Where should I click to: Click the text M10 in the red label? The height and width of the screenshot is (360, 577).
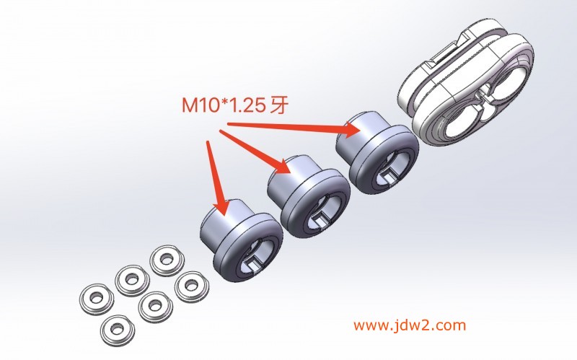tap(201, 105)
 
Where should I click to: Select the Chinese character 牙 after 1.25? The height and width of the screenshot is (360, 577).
tap(279, 105)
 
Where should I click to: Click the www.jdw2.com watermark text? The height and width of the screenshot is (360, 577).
tap(410, 325)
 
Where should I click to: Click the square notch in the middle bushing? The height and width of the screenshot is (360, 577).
tap(320, 220)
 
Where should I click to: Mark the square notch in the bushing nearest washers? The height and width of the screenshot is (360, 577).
tap(254, 263)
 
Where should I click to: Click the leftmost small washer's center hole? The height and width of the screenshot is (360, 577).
tap(97, 298)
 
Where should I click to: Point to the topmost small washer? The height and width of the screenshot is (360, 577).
tap(167, 260)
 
